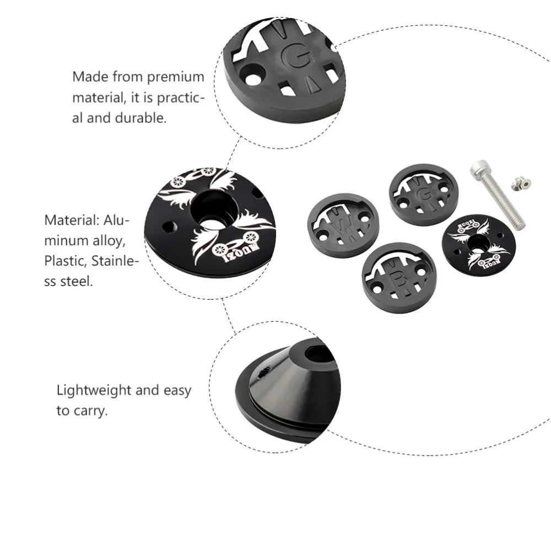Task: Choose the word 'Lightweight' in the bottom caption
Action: tap(94, 391)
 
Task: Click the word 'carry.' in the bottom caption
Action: tap(89, 411)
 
